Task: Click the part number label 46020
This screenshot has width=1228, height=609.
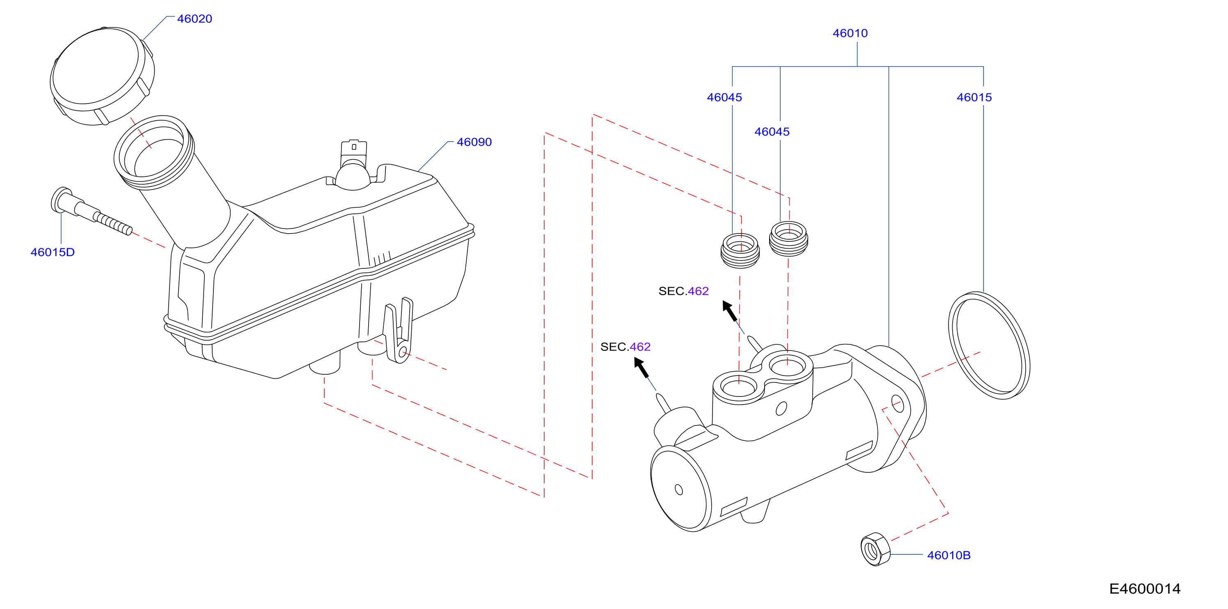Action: coord(195,19)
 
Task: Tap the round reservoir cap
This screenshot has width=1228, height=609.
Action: coord(102,76)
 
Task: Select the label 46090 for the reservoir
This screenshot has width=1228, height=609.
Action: coord(474,142)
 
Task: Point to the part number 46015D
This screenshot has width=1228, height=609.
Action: coord(53,252)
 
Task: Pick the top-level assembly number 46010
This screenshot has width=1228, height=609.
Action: coord(850,33)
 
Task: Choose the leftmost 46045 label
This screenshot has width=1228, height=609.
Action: coord(724,97)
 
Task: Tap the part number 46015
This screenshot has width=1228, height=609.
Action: coord(974,97)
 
